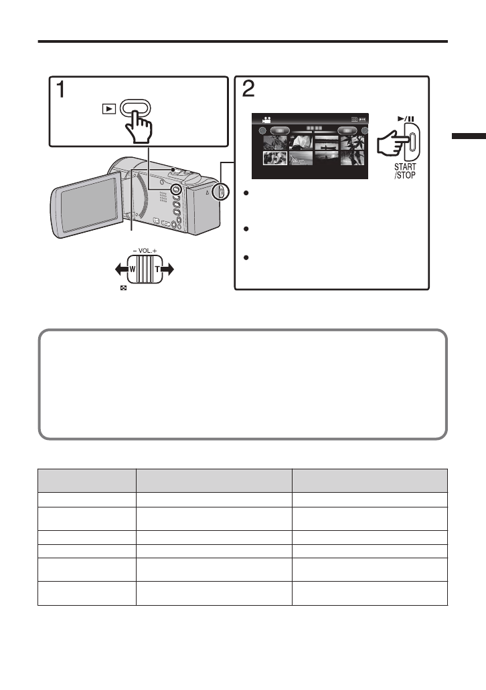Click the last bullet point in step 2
[x=247, y=257]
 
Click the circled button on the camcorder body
[x=176, y=190]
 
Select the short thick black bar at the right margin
[x=469, y=155]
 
